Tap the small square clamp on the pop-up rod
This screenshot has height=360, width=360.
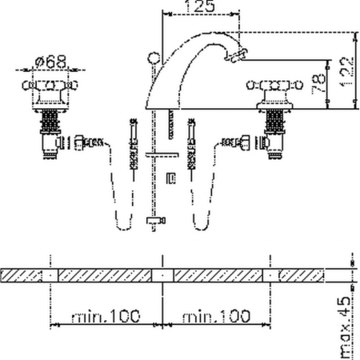click(169, 178)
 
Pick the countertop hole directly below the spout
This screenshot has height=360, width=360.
click(162, 274)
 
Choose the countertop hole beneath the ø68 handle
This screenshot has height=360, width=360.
click(51, 274)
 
